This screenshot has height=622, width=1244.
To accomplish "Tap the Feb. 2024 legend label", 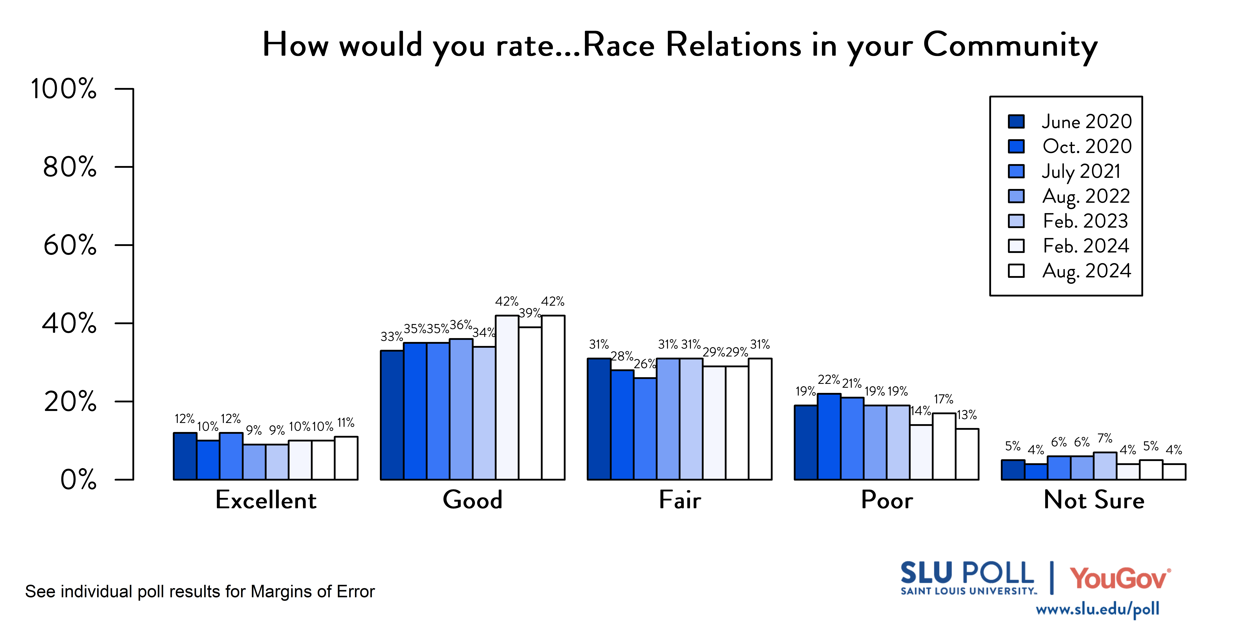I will [1086, 246].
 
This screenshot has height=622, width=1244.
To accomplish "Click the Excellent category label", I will [266, 500].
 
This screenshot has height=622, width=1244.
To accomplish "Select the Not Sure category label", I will [1094, 500].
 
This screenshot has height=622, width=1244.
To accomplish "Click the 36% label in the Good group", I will [461, 325].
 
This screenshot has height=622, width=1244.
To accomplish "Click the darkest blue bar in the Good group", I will [392, 415].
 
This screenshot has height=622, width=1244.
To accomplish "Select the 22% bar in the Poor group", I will [829, 437].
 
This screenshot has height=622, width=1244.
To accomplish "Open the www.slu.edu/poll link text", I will [1097, 609].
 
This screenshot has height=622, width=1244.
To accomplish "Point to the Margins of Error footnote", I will [200, 592].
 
